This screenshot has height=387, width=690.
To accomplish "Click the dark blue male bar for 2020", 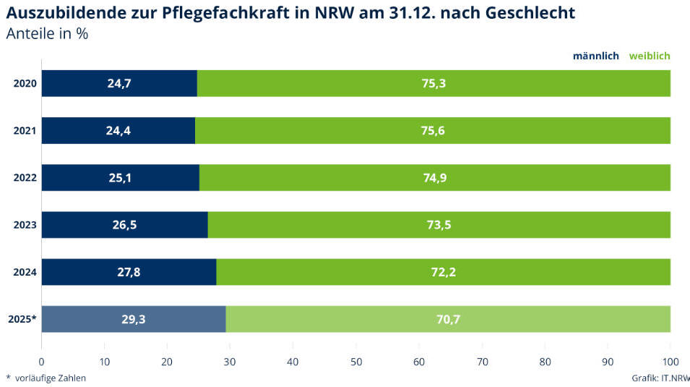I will tap(119, 83).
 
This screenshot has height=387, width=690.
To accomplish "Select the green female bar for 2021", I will tap(433, 130).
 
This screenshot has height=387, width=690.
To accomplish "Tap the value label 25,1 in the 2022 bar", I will tap(120, 178).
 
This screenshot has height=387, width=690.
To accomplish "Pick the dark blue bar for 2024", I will tap(129, 271).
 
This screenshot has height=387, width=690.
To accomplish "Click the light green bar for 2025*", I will tap(448, 318).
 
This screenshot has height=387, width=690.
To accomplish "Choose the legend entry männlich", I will tap(595, 56).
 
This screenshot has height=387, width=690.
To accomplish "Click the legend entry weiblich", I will tap(650, 56).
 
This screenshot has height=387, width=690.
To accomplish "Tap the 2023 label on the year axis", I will tap(25, 225).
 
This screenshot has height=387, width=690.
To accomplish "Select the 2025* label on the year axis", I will tap(23, 319).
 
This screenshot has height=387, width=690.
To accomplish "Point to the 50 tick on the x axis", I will tap(355, 362).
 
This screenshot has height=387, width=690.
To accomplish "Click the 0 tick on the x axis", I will tap(41, 362).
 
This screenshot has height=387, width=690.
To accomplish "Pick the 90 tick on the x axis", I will tap(608, 362).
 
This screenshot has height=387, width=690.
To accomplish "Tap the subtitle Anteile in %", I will tap(47, 34).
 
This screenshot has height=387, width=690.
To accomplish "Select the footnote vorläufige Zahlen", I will tap(50, 378).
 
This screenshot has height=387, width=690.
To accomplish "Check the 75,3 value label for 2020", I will tap(434, 83).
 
